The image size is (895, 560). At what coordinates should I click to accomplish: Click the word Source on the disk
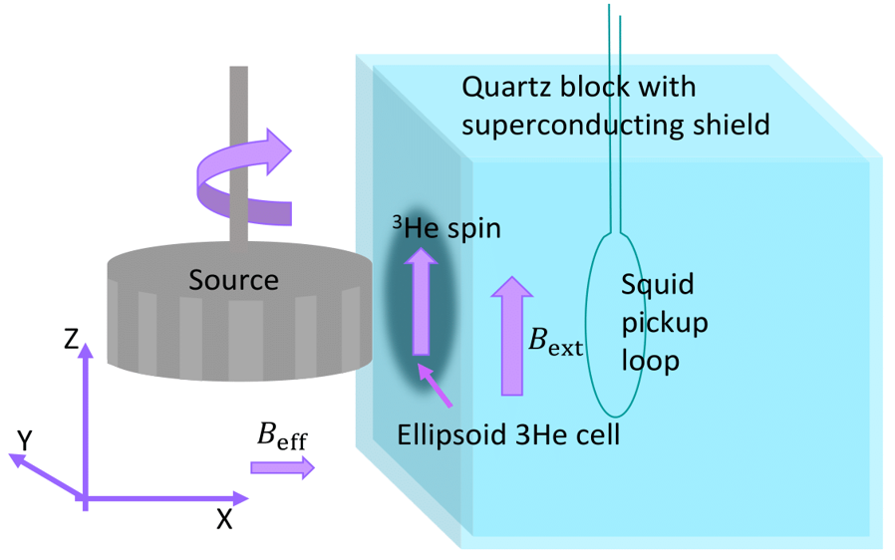click(x=234, y=280)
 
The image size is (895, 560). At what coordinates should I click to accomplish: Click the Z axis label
click(x=71, y=340)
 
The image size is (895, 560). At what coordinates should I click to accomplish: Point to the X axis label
click(x=224, y=519)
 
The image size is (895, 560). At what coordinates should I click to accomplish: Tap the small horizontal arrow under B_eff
click(x=282, y=467)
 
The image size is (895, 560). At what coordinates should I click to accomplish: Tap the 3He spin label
click(x=445, y=229)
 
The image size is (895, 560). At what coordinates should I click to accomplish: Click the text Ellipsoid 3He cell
click(x=508, y=434)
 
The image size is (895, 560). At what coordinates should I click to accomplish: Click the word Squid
click(x=657, y=285)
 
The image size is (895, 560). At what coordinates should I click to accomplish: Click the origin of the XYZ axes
click(x=85, y=497)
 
